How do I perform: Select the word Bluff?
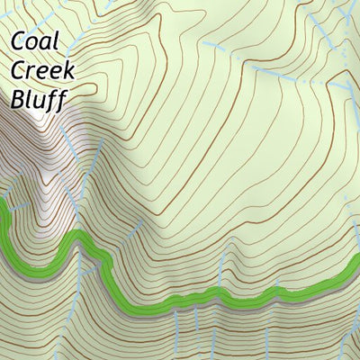[38, 98]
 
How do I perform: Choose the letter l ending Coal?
[57, 41]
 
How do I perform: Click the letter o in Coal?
[33, 44]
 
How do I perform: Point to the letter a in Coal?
[46, 44]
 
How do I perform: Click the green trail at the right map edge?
[355, 274]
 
